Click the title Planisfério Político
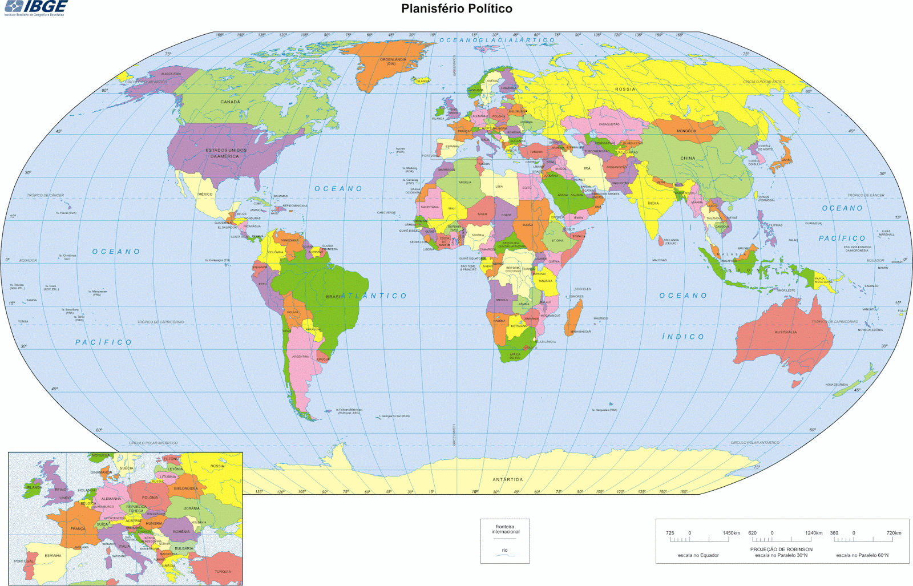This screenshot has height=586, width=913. point(457,9)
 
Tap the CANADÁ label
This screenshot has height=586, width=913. point(231,102)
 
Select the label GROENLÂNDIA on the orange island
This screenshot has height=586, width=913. point(393,60)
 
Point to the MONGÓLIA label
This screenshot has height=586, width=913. point(686,131)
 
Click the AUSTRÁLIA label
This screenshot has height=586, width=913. point(786,332)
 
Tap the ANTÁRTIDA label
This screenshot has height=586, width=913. point(507,479)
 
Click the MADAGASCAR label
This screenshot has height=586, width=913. point(580,332)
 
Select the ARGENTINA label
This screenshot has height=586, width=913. point(301,357)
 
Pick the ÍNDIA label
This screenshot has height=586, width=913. point(653,203)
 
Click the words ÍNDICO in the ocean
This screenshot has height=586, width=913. point(683,337)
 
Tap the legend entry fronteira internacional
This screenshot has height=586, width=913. point(504,529)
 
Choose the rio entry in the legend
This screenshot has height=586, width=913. point(504,550)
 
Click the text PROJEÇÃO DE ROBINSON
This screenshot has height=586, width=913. point(781,549)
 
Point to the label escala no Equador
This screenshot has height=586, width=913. point(698,555)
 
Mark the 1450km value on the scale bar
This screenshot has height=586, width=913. point(731,533)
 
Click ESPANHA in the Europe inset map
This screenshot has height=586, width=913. point(53,555)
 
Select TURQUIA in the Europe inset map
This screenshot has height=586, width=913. point(223,571)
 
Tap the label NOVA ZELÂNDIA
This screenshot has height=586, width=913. point(837,385)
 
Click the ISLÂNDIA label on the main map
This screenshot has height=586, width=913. point(423,81)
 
